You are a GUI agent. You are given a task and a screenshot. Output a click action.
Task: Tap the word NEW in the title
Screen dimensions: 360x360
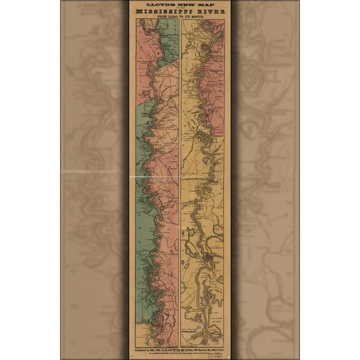click(182, 4)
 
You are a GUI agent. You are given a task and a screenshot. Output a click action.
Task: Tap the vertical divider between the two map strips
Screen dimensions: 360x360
click(180, 187)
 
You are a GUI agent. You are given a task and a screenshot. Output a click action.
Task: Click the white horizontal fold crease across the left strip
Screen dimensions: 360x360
click(156, 177)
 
